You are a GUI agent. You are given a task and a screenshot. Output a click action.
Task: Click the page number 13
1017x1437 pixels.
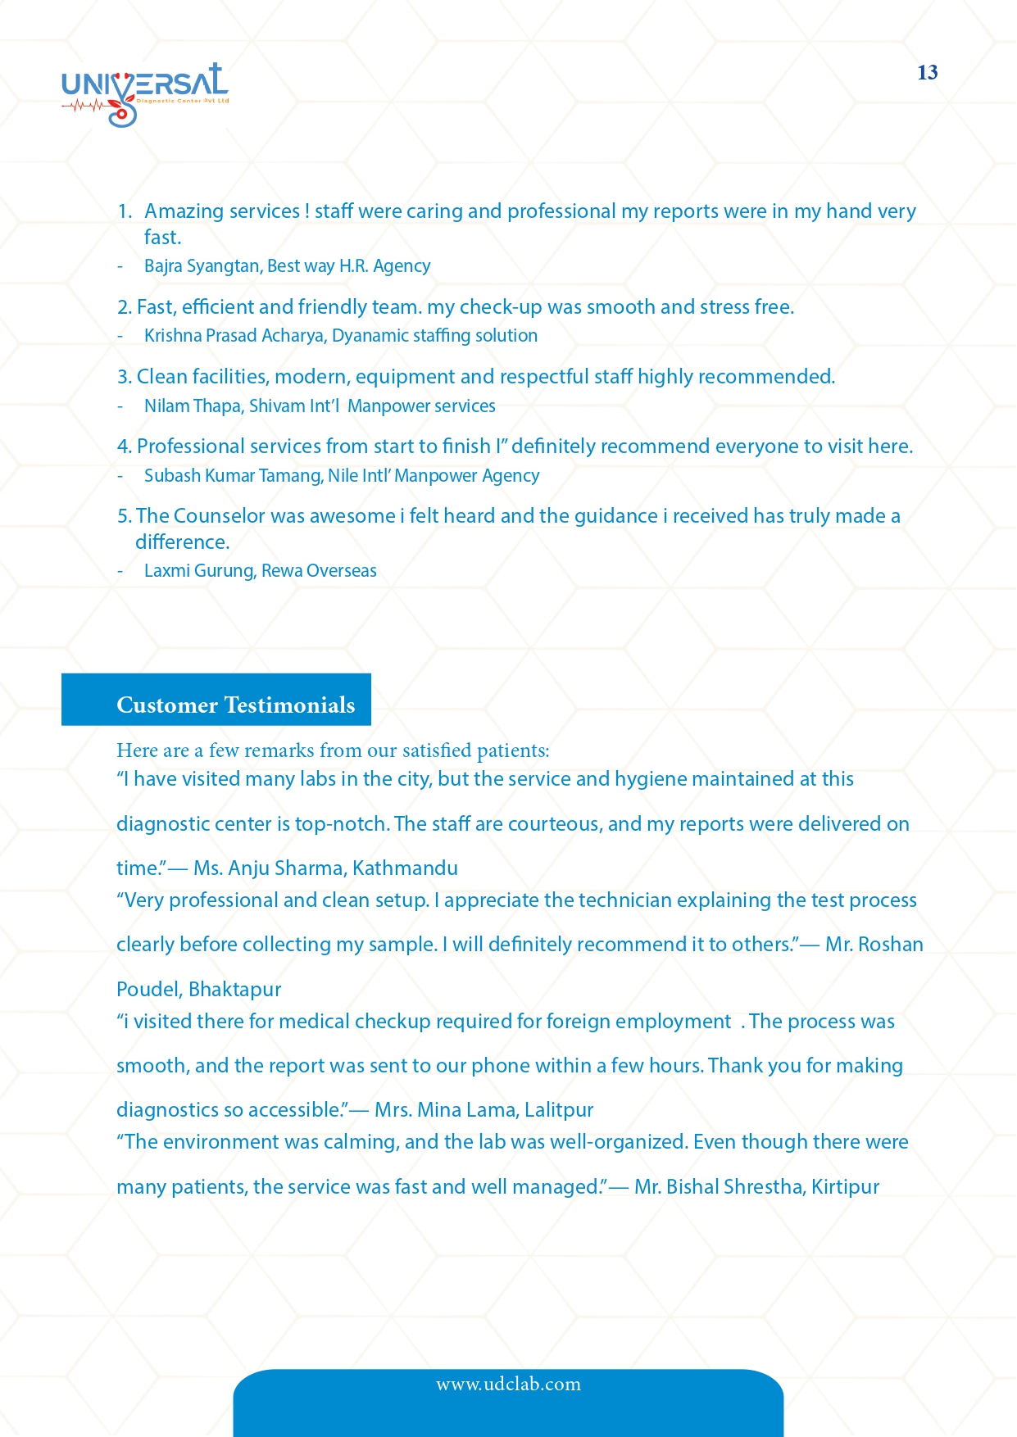point(927,73)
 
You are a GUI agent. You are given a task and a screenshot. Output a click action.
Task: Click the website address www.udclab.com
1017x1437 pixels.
point(508,1385)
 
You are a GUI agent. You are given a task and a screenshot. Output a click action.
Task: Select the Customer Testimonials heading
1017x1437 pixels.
point(235,705)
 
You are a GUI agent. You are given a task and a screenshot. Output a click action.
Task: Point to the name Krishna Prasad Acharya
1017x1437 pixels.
point(234,336)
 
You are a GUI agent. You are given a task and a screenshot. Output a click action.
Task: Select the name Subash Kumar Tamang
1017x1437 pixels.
point(233,476)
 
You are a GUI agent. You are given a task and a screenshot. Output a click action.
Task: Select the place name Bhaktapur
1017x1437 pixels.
point(234,990)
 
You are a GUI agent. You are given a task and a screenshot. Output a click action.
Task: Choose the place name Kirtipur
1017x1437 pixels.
point(845,1187)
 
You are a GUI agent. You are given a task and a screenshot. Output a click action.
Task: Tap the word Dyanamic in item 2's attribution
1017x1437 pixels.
point(370,336)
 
